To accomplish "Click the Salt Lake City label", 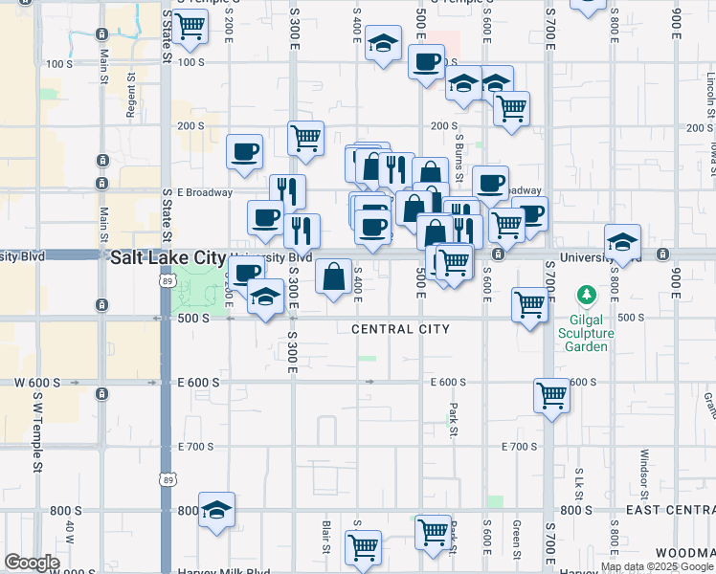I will coord(168,257).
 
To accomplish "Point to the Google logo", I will coord(32,563).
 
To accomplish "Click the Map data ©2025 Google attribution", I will coord(657,566).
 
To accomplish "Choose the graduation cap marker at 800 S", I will coord(218,511).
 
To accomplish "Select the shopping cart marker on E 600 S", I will coord(551,394).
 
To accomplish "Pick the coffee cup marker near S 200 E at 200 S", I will coord(244,151).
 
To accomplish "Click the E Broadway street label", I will coord(205,192).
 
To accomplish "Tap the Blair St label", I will coord(326,537).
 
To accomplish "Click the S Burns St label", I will coord(459,161).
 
